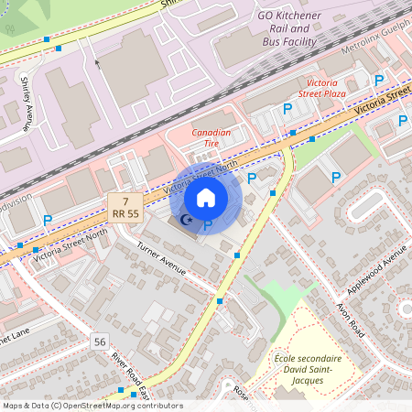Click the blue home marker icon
[x=206, y=198]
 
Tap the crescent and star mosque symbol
[x=186, y=221]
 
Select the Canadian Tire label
[x=211, y=138]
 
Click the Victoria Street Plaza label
[x=321, y=87]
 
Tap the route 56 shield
[x=99, y=342]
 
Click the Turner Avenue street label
[x=161, y=260]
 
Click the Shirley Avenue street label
[x=27, y=101]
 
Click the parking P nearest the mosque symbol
[x=208, y=224]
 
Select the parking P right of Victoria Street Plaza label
[x=378, y=81]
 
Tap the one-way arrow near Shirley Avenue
[x=96, y=64]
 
